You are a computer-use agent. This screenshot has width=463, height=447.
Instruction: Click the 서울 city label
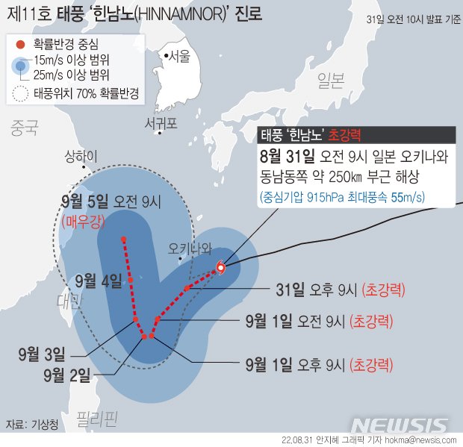[x=179, y=56]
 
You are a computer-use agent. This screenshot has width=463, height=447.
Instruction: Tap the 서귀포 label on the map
[x=161, y=123]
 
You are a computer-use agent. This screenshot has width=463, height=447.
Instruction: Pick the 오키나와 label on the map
[x=190, y=247]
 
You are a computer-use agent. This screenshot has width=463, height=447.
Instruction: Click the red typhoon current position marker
[x=220, y=269]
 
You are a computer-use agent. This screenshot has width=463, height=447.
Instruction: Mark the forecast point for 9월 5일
[x=123, y=239]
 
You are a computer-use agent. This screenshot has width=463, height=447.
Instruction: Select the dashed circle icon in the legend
[x=22, y=95]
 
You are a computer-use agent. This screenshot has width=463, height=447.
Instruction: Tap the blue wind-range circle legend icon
[x=22, y=67]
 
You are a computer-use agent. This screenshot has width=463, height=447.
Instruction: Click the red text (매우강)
[x=86, y=220]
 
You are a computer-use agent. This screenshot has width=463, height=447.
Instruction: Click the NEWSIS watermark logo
[x=400, y=425]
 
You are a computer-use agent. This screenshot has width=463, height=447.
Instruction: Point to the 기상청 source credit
[x=43, y=424]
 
